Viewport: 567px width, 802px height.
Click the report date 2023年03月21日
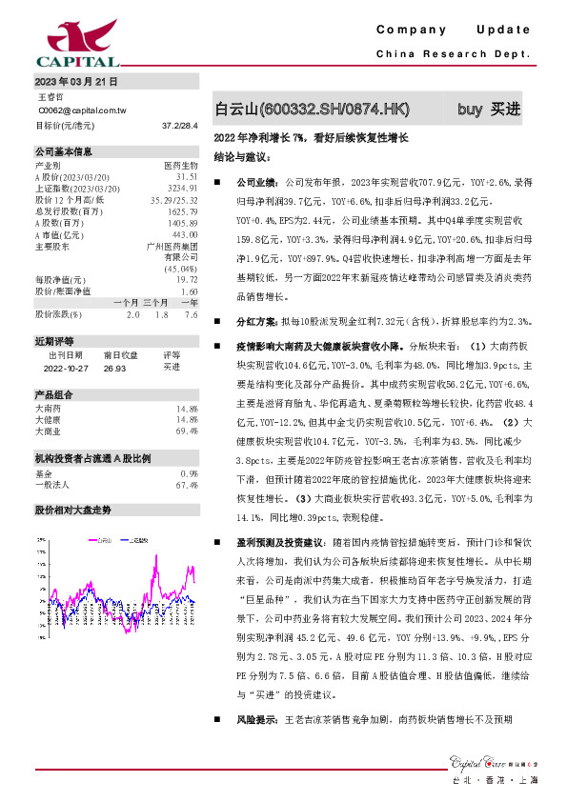click(x=76, y=83)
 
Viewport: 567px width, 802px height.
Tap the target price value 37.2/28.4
click(x=179, y=125)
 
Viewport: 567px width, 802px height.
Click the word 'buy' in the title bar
click(x=469, y=109)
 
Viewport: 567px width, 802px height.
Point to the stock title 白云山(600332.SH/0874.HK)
click(x=313, y=110)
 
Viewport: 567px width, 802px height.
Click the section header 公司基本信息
click(x=64, y=151)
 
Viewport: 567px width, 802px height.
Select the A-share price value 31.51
click(x=186, y=177)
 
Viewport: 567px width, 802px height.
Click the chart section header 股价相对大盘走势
click(x=73, y=510)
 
